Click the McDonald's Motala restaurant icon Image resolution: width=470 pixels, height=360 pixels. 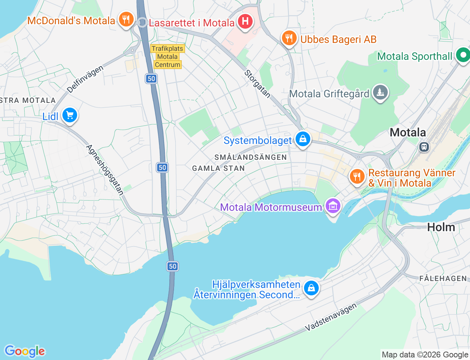coord(126,19)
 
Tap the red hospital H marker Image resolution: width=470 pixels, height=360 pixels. coord(245,21)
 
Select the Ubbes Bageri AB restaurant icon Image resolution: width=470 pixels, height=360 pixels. coord(289,38)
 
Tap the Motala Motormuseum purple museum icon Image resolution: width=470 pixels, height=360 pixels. coord(333,206)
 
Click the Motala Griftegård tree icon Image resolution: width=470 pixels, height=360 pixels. coord(380,93)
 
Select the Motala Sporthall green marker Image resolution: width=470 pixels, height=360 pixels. coord(463,55)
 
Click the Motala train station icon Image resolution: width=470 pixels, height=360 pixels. coord(424,147)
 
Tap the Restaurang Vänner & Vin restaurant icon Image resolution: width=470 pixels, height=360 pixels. coord(357,177)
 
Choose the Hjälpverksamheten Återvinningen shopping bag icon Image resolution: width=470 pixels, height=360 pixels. coord(311,288)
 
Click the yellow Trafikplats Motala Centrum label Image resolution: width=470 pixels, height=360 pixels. coord(167,57)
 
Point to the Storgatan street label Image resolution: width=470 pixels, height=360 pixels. coord(257,84)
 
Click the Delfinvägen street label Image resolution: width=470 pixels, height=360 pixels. coord(85,79)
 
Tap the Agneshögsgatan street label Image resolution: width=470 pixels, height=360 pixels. coord(105,170)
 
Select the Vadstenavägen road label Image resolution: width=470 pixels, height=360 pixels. coord(331,317)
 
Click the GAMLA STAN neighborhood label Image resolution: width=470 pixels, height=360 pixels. coord(218,168)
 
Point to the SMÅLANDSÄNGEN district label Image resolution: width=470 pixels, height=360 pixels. coord(250,157)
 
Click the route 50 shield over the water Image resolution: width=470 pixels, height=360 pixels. coord(173,266)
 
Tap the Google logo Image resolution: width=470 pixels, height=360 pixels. coord(25,351)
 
